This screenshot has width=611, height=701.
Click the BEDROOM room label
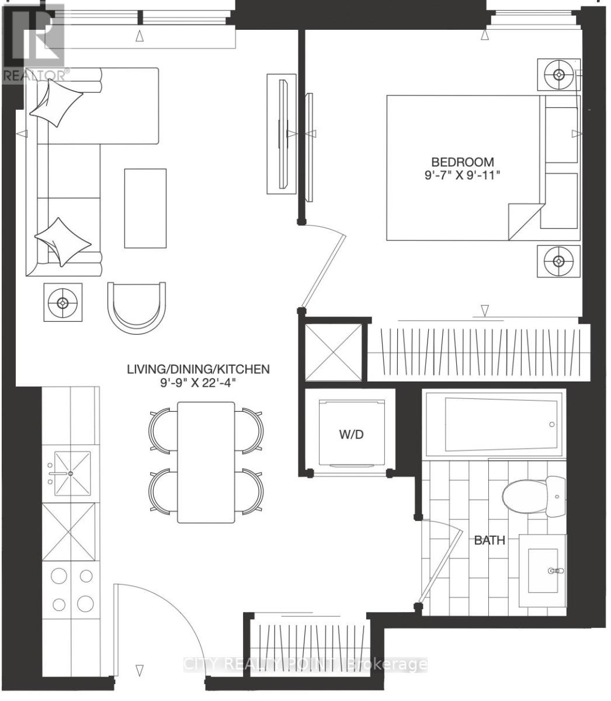tap(462, 162)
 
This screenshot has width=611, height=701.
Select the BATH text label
tap(489, 540)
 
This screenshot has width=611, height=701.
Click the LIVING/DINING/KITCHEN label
tap(199, 369)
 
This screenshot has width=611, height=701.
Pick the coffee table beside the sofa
tap(145, 207)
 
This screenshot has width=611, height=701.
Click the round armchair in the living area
tap(136, 307)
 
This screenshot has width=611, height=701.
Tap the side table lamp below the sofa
tap(63, 302)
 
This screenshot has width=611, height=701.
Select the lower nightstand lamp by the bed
tap(558, 261)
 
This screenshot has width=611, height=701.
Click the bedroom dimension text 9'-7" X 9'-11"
tap(462, 176)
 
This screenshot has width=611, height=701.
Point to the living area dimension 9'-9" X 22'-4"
tap(199, 383)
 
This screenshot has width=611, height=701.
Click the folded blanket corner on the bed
tap(525, 220)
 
